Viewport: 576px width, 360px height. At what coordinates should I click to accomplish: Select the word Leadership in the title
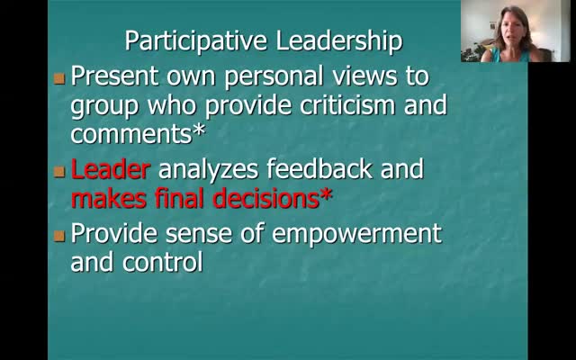pyautogui.click(x=339, y=40)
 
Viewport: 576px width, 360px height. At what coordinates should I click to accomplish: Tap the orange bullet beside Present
pyautogui.click(x=59, y=78)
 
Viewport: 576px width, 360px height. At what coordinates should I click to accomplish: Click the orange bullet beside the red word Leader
pyautogui.click(x=59, y=172)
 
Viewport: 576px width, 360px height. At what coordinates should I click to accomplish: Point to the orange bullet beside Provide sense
pyautogui.click(x=59, y=236)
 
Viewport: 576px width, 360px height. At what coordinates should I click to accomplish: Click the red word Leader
pyautogui.click(x=110, y=169)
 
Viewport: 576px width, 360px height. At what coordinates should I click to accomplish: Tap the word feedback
pyautogui.click(x=319, y=168)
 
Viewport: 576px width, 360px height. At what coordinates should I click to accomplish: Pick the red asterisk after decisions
pyautogui.click(x=326, y=194)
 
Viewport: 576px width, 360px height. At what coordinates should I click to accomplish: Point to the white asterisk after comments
pyautogui.click(x=199, y=130)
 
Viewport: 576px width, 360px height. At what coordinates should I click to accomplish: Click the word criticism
pyautogui.click(x=347, y=105)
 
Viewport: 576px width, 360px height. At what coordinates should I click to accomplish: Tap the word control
pyautogui.click(x=163, y=261)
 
